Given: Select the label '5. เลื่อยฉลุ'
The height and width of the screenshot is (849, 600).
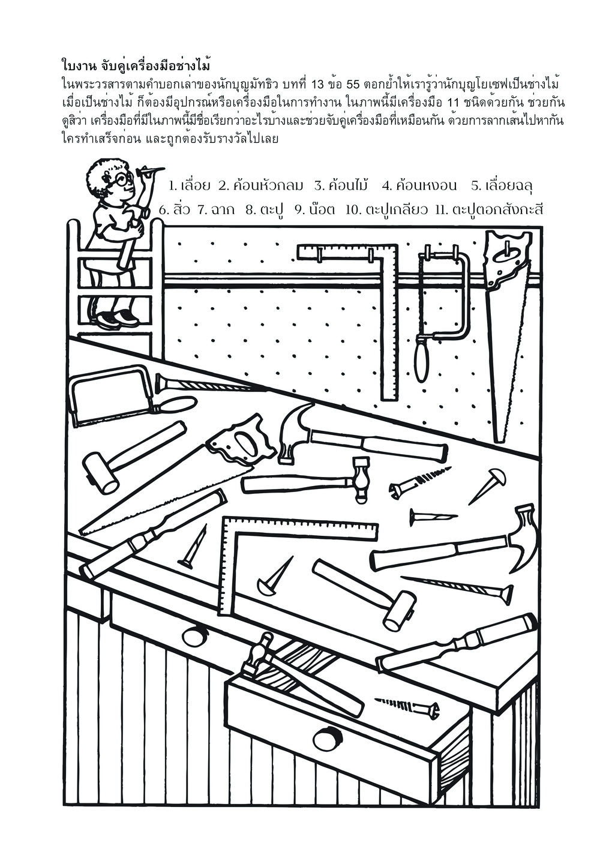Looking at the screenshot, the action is click(502, 186).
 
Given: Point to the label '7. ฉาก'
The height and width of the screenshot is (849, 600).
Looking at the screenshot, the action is click(215, 209).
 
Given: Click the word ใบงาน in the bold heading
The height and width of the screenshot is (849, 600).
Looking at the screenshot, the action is click(78, 65).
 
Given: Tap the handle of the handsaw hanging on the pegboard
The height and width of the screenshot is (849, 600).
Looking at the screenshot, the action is click(508, 259).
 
